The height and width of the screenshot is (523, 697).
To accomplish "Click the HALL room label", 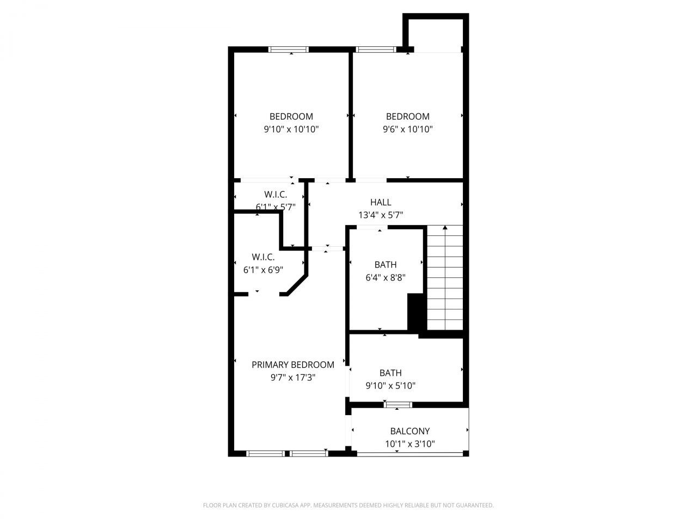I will pyautogui.click(x=381, y=202).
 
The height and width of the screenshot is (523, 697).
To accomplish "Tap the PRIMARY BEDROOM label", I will pyautogui.click(x=293, y=364).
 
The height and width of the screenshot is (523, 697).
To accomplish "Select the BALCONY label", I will pyautogui.click(x=410, y=431).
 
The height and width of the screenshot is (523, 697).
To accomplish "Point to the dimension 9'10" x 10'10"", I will pyautogui.click(x=291, y=130).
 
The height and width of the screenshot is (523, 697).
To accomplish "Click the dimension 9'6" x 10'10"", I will pyautogui.click(x=408, y=130).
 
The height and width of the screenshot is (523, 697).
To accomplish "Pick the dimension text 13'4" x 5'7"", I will pyautogui.click(x=381, y=215).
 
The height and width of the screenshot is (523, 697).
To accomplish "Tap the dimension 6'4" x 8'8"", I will pyautogui.click(x=386, y=278).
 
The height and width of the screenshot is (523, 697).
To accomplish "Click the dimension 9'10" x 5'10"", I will pyautogui.click(x=390, y=386).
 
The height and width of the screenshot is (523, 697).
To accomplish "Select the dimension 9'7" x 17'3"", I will pyautogui.click(x=293, y=378).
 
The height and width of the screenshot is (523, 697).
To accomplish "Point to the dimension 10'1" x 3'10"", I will pyautogui.click(x=410, y=444).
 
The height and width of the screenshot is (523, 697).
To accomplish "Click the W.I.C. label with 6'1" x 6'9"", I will pyautogui.click(x=263, y=257).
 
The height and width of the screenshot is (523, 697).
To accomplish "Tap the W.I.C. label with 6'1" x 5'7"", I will pyautogui.click(x=276, y=194).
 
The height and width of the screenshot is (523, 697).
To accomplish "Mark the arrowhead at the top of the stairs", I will pyautogui.click(x=445, y=227).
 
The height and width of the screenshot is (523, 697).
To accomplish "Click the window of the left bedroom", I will pyautogui.click(x=289, y=50).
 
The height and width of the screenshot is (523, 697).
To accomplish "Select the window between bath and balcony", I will pyautogui.click(x=398, y=404).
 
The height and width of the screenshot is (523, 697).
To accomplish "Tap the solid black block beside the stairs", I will pyautogui.click(x=416, y=312).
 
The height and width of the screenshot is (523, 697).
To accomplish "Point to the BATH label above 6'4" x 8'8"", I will pyautogui.click(x=386, y=265).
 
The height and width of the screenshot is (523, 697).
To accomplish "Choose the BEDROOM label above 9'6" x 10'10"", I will pyautogui.click(x=408, y=117).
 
